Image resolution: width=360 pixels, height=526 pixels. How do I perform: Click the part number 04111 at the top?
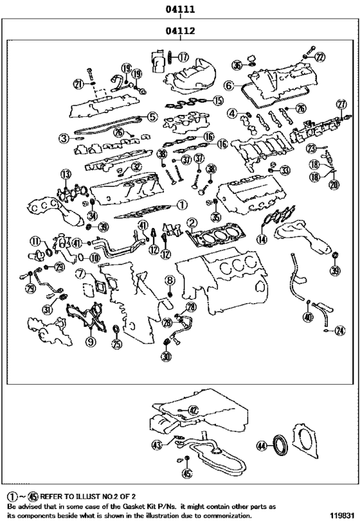(x=180, y=10)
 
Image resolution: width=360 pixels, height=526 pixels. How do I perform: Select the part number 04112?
(x=180, y=30)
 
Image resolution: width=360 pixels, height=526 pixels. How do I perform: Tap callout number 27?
(x=342, y=104)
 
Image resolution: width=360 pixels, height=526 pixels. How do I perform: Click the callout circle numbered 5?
(x=152, y=117)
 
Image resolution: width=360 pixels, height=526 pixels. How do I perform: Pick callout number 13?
(x=65, y=174)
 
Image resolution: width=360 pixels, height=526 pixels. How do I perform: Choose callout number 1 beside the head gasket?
(x=182, y=206)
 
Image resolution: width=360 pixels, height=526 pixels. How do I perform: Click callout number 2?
(x=191, y=224)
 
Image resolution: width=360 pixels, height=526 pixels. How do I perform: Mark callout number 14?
(x=262, y=239)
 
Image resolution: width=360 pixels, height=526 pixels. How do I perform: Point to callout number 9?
(x=90, y=342)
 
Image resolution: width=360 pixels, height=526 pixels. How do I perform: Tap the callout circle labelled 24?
(x=339, y=331)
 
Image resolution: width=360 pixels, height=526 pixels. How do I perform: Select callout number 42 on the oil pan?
(x=193, y=409)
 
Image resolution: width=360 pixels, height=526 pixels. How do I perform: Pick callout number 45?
(x=186, y=474)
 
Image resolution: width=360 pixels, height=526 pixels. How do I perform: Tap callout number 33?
(x=285, y=170)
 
